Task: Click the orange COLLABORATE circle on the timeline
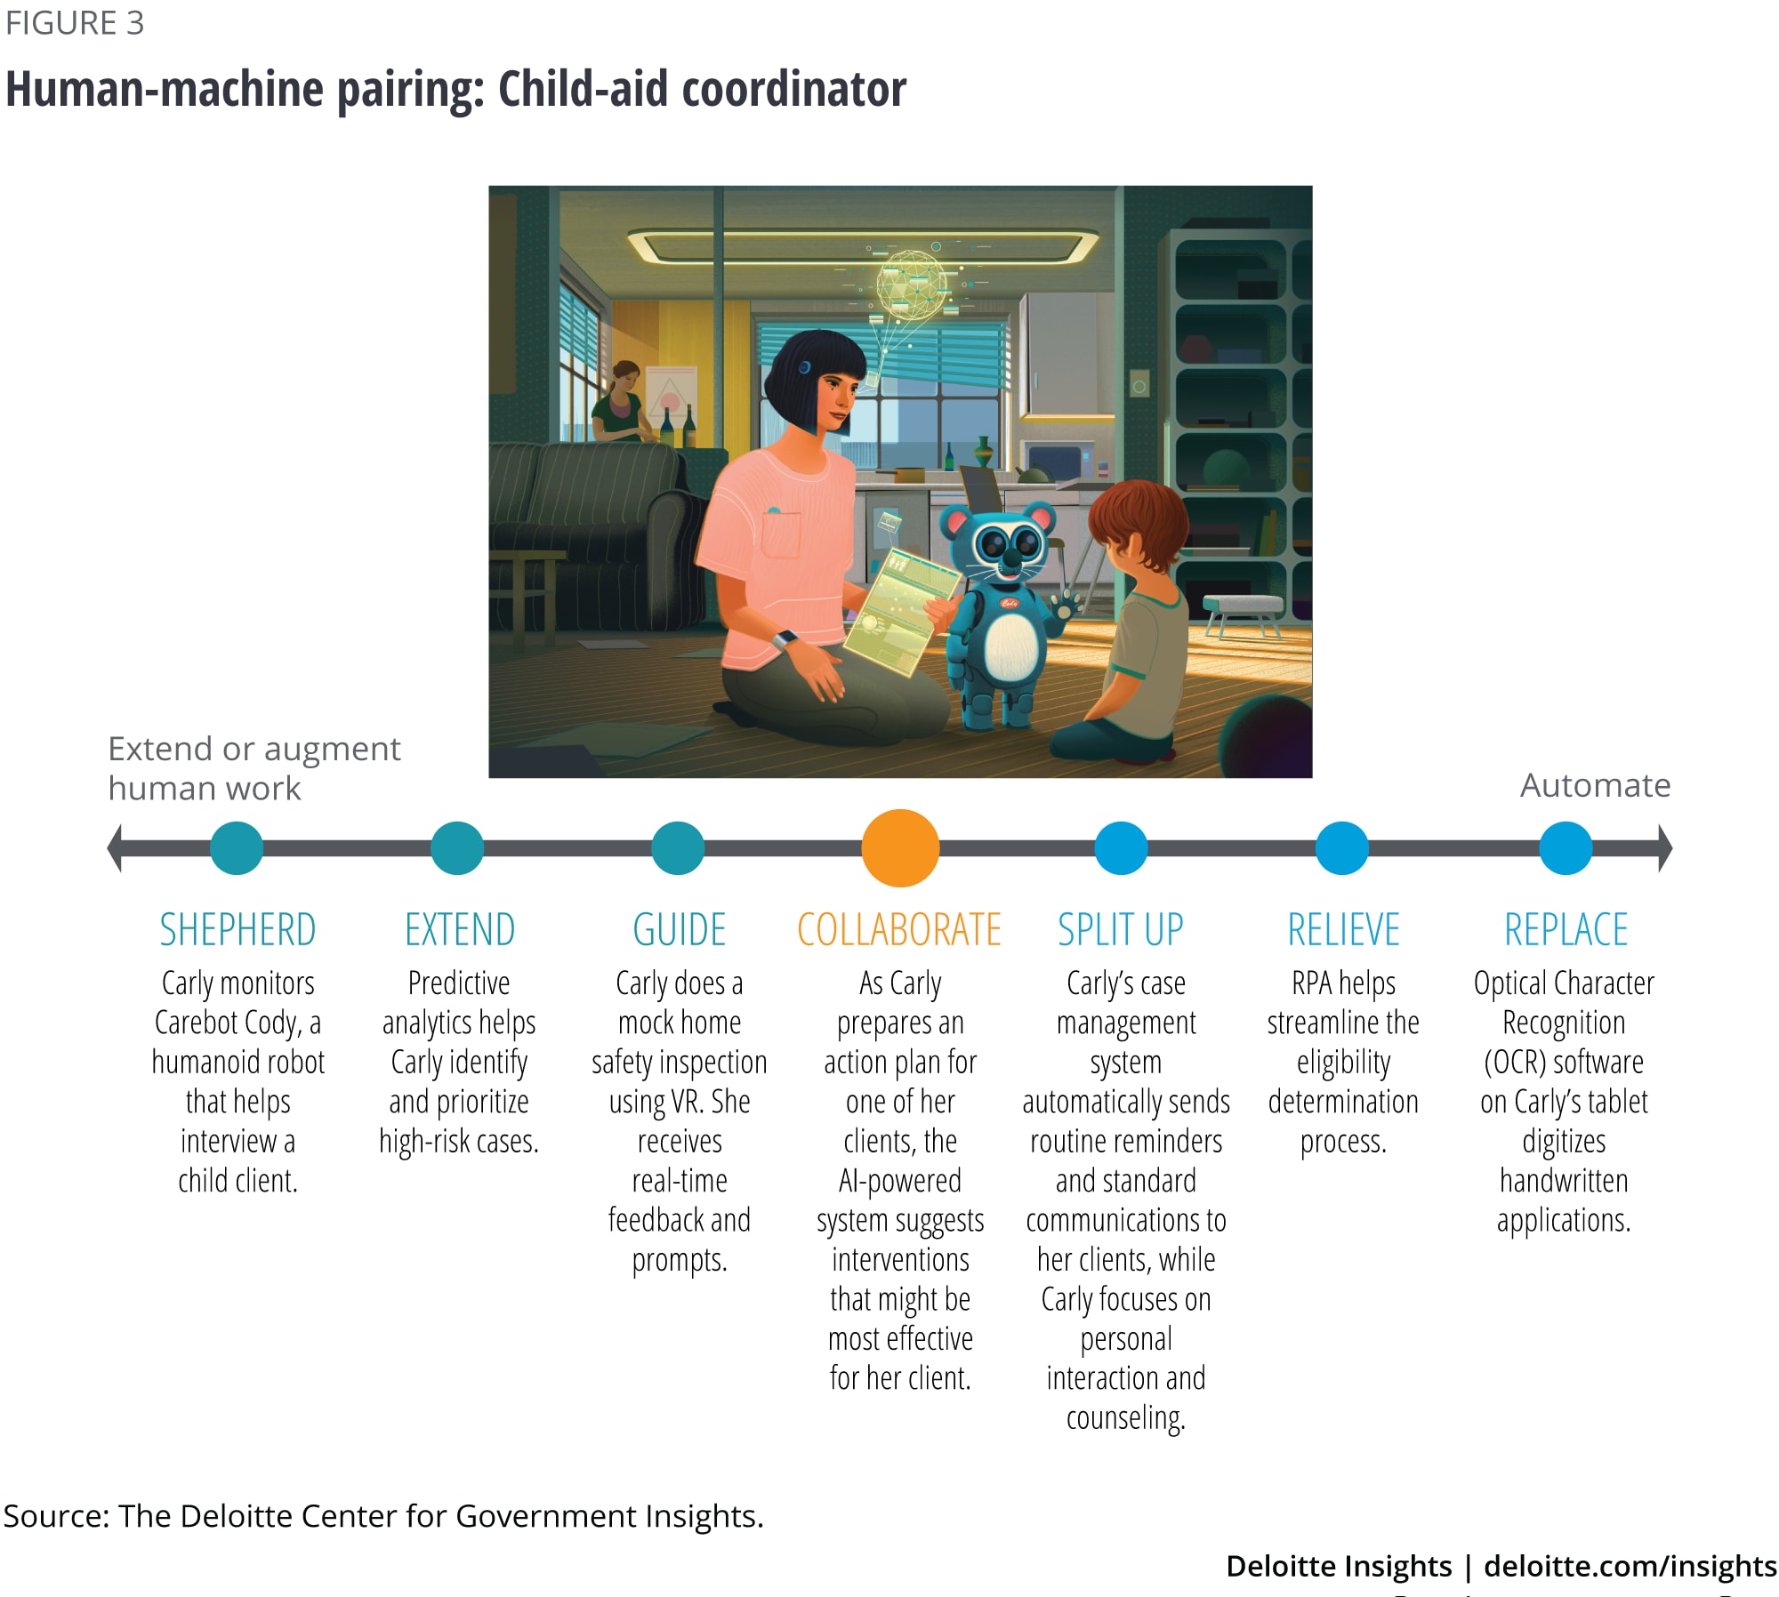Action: click(x=900, y=847)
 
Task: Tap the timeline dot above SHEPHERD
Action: click(x=237, y=847)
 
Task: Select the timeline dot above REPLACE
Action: click(x=1565, y=847)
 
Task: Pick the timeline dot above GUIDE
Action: click(x=678, y=847)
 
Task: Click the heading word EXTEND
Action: click(x=460, y=930)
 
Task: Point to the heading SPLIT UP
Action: click(x=1121, y=930)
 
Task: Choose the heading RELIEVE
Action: click(x=1343, y=930)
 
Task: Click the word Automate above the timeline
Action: click(x=1595, y=785)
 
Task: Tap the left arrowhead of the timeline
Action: click(x=115, y=847)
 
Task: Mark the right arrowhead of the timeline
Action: click(x=1665, y=847)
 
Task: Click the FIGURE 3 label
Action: click(x=75, y=23)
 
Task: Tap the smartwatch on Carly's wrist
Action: click(x=785, y=640)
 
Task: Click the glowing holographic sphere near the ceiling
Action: click(x=911, y=284)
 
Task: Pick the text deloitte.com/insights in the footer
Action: click(x=1630, y=1566)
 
